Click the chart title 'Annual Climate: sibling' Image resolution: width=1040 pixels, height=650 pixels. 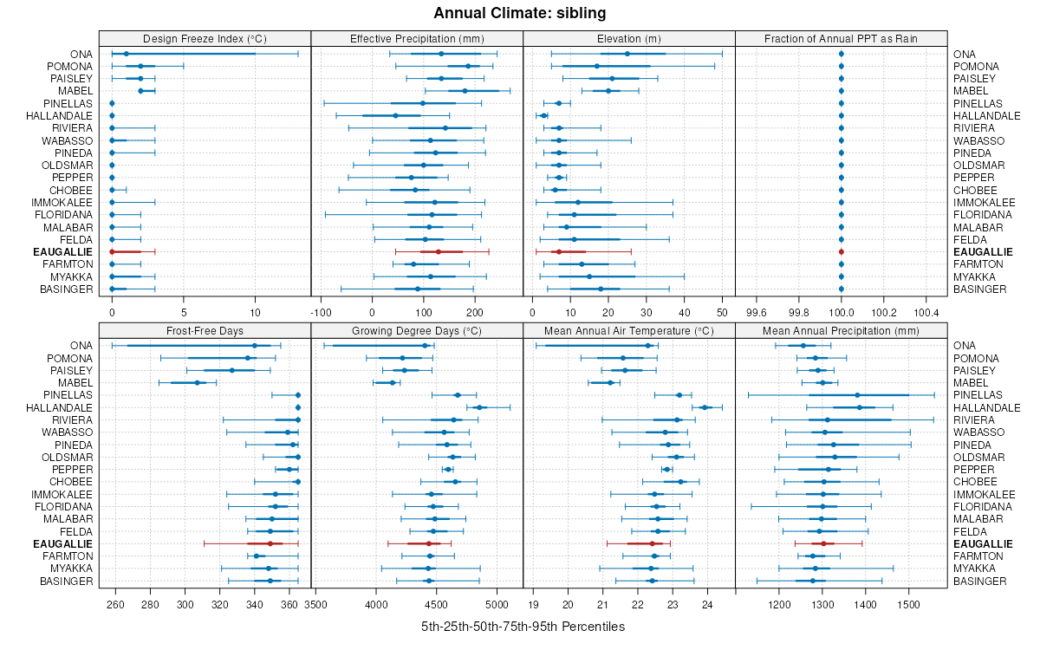point(519,13)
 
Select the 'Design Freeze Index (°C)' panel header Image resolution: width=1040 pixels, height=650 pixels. point(205,38)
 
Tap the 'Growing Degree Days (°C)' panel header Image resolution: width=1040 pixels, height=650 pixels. point(416,330)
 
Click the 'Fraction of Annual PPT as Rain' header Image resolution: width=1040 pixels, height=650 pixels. point(841,38)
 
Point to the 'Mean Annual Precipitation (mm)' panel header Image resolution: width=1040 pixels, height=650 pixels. point(841,330)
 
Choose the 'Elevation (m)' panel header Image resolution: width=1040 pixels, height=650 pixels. point(628,38)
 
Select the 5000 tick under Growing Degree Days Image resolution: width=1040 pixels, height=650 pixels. point(497,604)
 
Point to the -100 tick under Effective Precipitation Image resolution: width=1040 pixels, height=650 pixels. point(321,312)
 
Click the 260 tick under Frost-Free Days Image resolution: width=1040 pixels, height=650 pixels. point(115,604)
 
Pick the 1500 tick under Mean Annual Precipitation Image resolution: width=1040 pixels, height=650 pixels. point(908,604)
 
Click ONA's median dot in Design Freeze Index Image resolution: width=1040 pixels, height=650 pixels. point(126,54)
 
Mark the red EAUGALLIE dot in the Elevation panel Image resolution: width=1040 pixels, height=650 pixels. point(558,251)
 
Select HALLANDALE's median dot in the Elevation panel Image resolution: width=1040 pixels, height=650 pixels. point(543,115)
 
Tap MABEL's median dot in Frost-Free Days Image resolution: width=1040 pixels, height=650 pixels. point(198,382)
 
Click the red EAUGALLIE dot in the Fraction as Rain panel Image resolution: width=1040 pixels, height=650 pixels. point(841,251)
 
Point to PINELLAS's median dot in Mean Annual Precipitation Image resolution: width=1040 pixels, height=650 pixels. point(857,395)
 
